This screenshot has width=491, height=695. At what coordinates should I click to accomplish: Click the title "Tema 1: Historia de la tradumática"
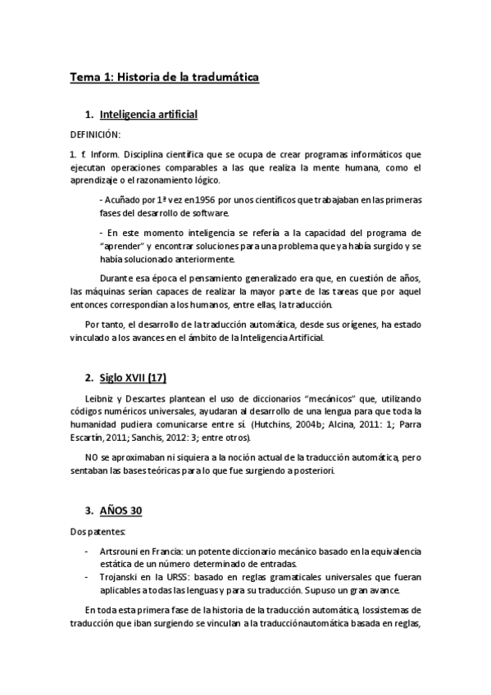point(164,77)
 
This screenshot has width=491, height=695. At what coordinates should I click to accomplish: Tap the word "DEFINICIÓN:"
point(95,134)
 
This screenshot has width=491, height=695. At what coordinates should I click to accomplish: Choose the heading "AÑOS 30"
point(120,511)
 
